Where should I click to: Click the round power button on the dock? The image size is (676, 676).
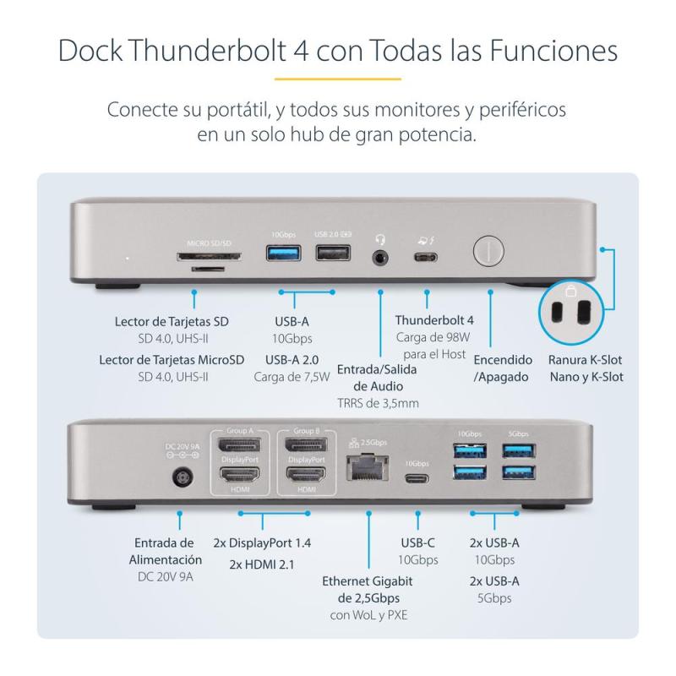pos(489,252)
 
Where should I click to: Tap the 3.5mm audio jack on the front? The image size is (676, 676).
pos(379,254)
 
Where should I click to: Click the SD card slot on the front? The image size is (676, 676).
pos(209,255)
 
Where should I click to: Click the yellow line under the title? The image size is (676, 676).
pos(337,79)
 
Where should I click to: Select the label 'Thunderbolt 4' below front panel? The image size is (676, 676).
pos(433,320)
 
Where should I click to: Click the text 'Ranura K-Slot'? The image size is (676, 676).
pos(586,359)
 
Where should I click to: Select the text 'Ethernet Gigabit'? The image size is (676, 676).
pos(368,581)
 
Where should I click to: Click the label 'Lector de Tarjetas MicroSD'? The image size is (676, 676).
pos(172,359)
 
